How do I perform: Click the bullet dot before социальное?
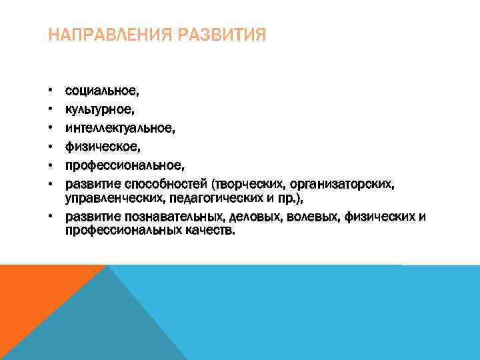[x=50, y=90]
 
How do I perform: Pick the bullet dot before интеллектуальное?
[x=50, y=125]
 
